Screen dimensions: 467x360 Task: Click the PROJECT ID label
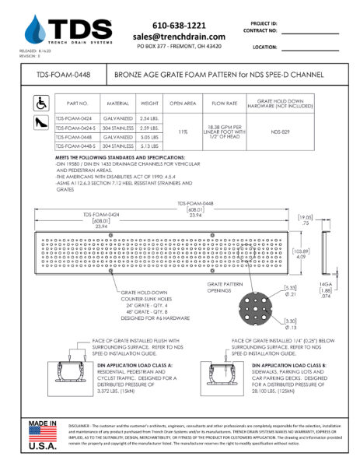tap(265, 24)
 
